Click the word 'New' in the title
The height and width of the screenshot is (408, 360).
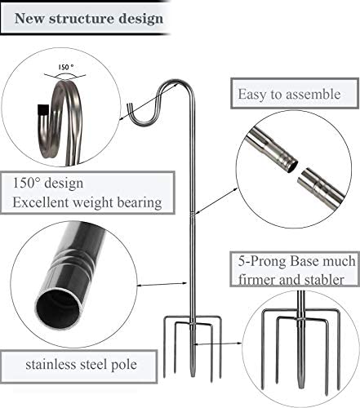click(29, 19)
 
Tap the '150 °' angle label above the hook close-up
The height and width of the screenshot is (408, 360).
click(65, 67)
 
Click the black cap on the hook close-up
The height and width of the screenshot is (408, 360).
click(42, 110)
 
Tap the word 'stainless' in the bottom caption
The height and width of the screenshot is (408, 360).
click(51, 365)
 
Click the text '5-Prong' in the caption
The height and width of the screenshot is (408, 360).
click(263, 261)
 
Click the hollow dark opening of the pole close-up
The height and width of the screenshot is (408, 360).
click(58, 308)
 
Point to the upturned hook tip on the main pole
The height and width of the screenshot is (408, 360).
click(131, 109)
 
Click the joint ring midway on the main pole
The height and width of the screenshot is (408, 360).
click(193, 215)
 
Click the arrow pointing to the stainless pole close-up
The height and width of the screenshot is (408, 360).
click(162, 284)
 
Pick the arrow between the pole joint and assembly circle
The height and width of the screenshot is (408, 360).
click(217, 201)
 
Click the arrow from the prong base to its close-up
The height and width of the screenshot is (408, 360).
click(218, 344)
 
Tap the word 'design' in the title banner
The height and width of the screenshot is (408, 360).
click(140, 20)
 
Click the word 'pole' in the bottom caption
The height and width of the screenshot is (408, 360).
click(124, 365)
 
